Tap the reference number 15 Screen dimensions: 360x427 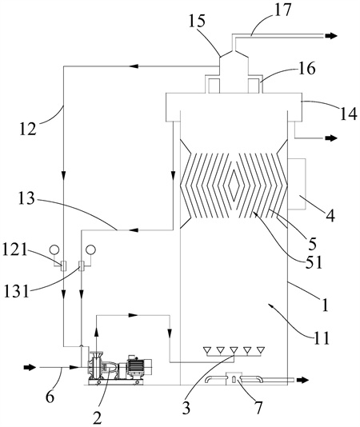click(197, 21)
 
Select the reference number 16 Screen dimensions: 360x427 click(306, 68)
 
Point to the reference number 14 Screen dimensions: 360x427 click(348, 114)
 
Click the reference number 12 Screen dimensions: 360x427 click(27, 129)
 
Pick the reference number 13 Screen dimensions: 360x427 click(26, 198)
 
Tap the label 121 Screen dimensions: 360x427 click(15, 249)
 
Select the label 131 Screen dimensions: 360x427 click(16, 291)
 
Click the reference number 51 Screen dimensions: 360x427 click(314, 262)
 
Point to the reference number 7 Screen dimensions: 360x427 click(258, 408)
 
